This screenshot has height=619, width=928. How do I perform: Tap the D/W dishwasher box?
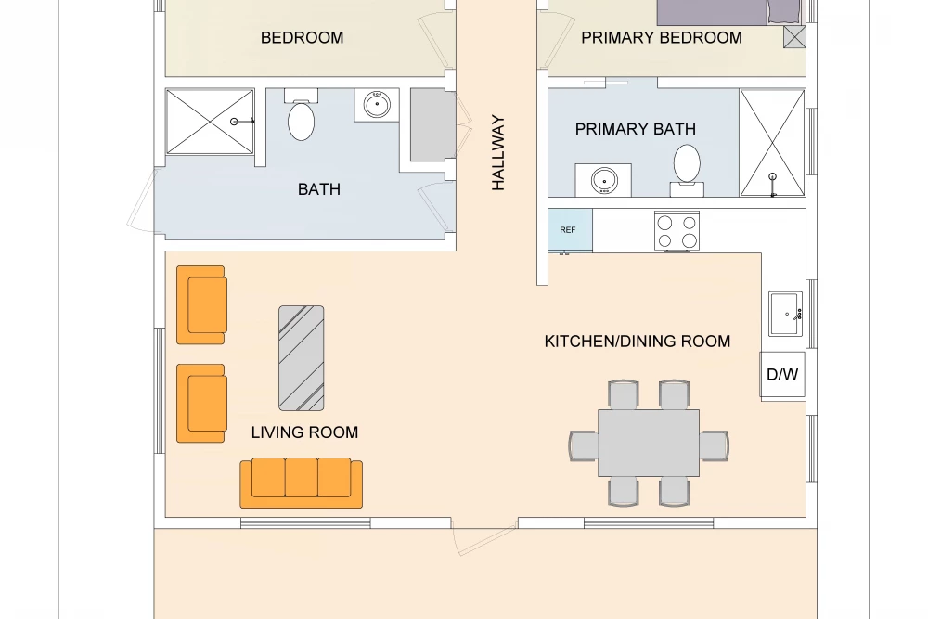[782, 375]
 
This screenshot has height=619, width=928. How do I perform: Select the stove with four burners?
[677, 231]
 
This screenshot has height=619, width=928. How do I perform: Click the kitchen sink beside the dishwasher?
[785, 314]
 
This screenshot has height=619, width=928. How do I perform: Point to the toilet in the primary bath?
[687, 170]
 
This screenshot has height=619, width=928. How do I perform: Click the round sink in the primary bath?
[604, 180]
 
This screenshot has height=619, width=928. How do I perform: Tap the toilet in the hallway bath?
[302, 115]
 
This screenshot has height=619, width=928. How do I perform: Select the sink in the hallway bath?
[377, 106]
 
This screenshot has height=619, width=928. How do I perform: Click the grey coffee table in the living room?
[302, 358]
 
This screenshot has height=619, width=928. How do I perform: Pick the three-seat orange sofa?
[302, 483]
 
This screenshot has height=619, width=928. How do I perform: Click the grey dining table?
[649, 443]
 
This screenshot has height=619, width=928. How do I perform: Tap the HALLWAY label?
[498, 153]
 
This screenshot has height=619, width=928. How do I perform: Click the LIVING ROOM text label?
[304, 432]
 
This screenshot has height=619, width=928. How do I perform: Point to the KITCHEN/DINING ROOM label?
[638, 342]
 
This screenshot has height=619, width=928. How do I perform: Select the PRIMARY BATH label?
[636, 129]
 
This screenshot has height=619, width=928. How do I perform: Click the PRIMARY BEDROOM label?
[662, 38]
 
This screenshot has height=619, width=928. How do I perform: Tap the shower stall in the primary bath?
[772, 143]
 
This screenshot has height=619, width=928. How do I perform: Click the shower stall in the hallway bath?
[210, 122]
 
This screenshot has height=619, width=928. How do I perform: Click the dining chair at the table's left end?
[584, 445]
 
